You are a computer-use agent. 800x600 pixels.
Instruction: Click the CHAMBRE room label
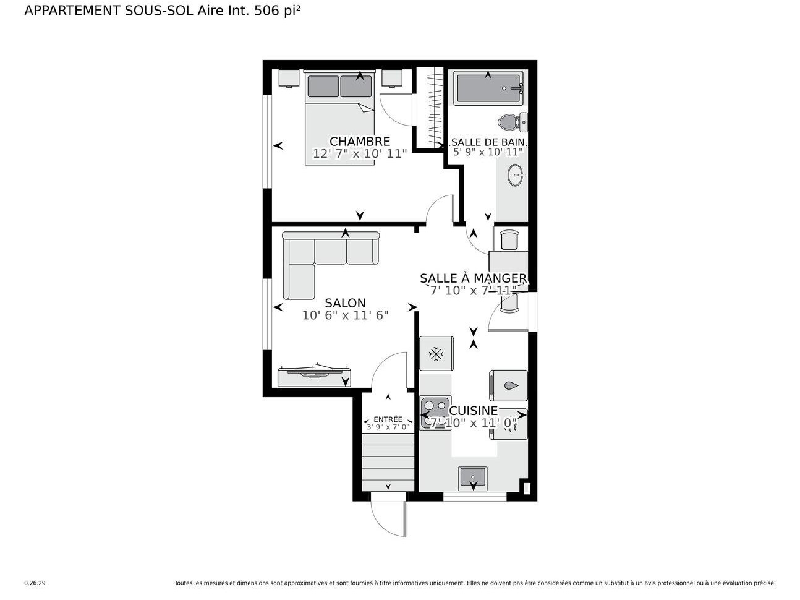point(359,142)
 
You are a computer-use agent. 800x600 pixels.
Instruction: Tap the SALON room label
point(345,303)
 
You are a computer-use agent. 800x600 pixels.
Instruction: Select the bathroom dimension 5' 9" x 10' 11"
point(488,152)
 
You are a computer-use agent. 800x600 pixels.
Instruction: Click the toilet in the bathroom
point(509,122)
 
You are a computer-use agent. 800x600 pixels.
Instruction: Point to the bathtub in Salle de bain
point(488,88)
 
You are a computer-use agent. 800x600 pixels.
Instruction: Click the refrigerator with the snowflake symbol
point(436,354)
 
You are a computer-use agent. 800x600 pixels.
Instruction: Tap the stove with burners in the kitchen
point(435,412)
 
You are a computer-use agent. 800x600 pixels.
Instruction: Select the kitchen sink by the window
point(473,478)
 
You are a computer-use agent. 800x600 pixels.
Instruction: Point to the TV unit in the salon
point(314,376)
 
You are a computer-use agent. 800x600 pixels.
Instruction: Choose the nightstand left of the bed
point(289,78)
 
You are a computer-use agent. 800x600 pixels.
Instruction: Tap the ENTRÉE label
point(388,419)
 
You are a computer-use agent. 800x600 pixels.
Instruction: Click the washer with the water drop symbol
point(509,385)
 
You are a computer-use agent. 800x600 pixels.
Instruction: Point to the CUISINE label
point(473,411)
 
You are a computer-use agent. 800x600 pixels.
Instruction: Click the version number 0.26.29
point(35,583)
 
